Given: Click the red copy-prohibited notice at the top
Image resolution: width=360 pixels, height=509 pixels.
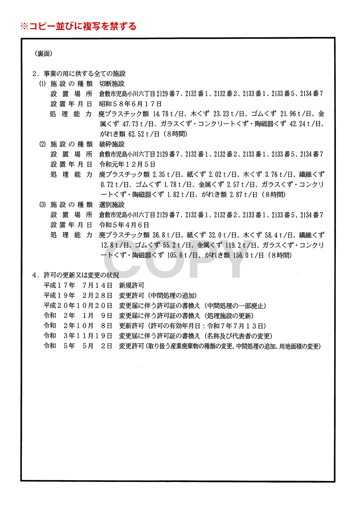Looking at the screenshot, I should [x=78, y=26].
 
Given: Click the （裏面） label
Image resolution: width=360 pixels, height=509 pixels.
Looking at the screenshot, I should [x=44, y=54].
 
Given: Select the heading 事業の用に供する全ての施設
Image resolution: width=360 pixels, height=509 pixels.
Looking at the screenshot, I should [x=85, y=74].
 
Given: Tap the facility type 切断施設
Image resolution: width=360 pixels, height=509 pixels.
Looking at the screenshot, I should [x=112, y=84].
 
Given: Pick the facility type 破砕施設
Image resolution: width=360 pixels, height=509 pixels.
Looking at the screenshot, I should [x=112, y=144].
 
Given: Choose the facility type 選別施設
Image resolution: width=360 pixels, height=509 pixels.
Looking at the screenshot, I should [x=112, y=205].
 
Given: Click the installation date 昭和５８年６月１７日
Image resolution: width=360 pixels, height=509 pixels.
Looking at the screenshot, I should [x=130, y=104].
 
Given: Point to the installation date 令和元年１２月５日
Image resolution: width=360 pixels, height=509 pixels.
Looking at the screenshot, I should [x=127, y=164].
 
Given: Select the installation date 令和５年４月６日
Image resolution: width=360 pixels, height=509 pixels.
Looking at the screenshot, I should [x=124, y=225].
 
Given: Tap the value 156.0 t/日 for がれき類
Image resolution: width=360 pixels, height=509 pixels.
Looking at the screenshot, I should [x=248, y=255].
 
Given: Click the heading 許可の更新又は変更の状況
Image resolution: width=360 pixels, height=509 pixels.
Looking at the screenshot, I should [x=81, y=275].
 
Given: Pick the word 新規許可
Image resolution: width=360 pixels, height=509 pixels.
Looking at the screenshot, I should [x=132, y=286].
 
